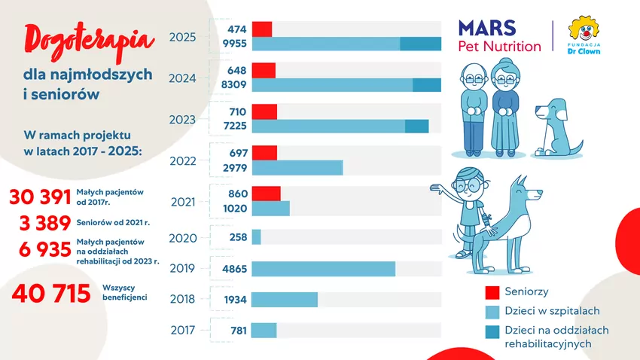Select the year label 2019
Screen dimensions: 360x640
tap(183, 268)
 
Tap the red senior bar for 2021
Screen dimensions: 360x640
tap(266, 194)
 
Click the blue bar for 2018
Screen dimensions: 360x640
tap(284, 300)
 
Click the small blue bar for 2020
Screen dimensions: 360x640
tap(256, 237)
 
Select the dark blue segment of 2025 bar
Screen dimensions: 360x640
tap(420, 44)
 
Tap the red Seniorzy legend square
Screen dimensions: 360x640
tap(492, 292)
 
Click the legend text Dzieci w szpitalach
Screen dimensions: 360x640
tap(552, 310)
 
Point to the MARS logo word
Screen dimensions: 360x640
tap(487, 29)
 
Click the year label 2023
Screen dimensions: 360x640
tap(183, 120)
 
